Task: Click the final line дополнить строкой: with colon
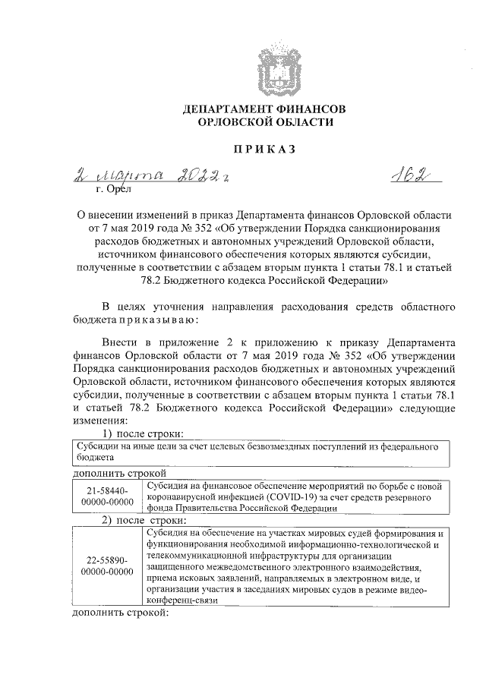click(x=106, y=611)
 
